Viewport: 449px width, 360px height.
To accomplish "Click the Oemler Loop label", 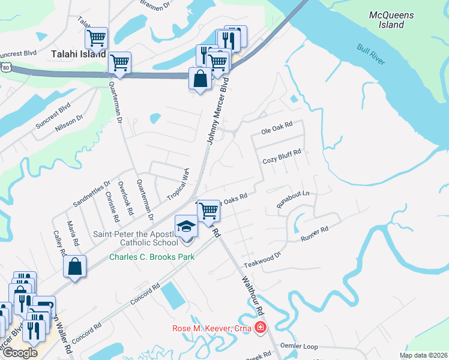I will pos(299,346).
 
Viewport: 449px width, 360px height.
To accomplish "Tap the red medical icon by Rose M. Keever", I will pos(259,328).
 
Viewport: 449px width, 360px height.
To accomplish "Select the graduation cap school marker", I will pos(186,227).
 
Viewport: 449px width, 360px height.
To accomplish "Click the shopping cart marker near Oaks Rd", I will pos(208,211).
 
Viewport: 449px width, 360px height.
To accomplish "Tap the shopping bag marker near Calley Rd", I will pos(75,266).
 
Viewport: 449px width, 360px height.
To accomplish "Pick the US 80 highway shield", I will pos(5,68).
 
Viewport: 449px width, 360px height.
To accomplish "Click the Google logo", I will pos(20,352).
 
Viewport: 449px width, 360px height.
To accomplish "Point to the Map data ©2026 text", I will pos(423,355).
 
